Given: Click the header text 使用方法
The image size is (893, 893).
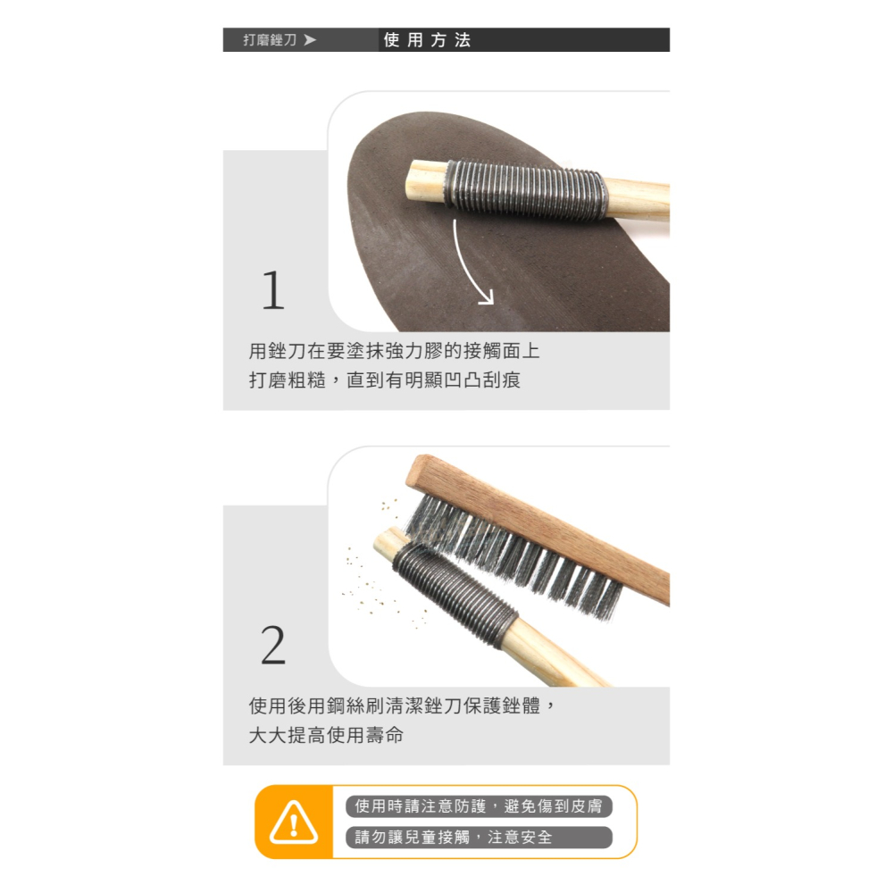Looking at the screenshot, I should (427, 40).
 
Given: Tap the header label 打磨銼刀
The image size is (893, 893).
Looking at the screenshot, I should (270, 40).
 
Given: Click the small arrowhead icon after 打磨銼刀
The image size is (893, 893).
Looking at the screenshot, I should (309, 40).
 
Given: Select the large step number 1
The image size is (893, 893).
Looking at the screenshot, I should (273, 291).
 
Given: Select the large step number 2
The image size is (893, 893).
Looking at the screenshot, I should (273, 647).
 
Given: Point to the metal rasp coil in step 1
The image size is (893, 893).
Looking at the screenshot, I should (527, 188).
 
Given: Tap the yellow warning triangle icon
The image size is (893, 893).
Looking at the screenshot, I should (294, 822).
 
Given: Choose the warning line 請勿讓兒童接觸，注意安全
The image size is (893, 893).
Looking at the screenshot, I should (454, 838).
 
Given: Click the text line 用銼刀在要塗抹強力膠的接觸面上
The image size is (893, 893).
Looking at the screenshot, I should (394, 351).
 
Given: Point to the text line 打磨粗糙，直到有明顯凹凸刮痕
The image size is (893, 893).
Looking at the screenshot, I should (384, 380).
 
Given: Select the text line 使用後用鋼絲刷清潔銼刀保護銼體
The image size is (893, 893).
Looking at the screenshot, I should (402, 706).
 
